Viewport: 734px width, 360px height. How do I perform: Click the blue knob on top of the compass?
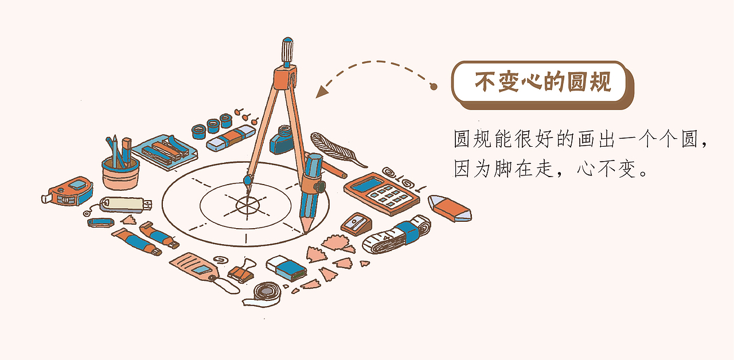(x=287, y=49)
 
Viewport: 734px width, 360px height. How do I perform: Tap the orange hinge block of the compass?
(x=285, y=77)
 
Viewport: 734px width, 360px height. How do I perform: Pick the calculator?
(x=382, y=194)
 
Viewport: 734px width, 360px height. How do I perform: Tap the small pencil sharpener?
(x=356, y=224)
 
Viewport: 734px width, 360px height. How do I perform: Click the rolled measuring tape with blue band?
(x=397, y=234)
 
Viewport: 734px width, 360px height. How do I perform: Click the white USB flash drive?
(x=126, y=205)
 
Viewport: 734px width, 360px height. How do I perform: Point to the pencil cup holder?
(x=120, y=174)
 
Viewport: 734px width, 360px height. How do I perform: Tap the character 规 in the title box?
(x=601, y=81)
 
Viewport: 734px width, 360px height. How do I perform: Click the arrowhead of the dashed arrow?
(x=322, y=91)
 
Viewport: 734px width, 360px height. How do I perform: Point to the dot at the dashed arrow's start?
(x=434, y=87)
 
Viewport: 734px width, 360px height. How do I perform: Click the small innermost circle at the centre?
(x=248, y=205)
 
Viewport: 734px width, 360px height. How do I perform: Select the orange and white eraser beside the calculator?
(x=450, y=208)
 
